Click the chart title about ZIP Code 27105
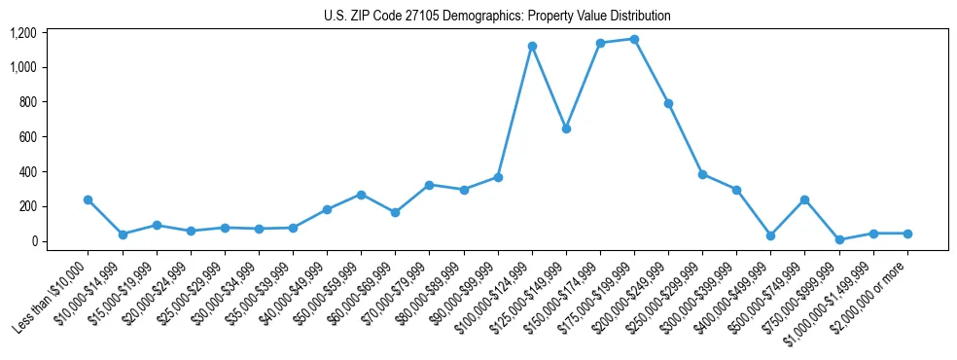click(x=497, y=17)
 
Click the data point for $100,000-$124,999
click(x=532, y=46)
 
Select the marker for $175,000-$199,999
click(x=634, y=39)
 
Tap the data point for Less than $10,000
click(x=89, y=199)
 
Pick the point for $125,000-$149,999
click(x=566, y=128)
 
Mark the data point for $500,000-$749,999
click(x=805, y=199)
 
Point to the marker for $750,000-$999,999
click(x=839, y=239)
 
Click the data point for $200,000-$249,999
click(x=669, y=103)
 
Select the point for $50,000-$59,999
click(x=361, y=195)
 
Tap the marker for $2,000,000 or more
click(x=907, y=234)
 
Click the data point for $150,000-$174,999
click(x=600, y=43)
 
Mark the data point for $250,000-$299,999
click(x=703, y=175)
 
